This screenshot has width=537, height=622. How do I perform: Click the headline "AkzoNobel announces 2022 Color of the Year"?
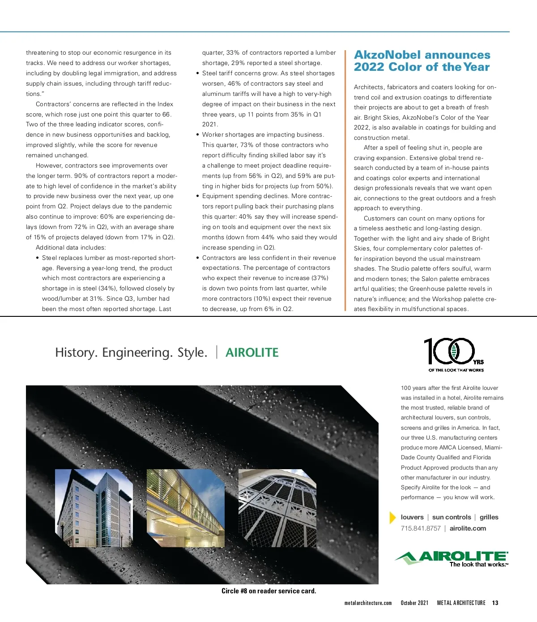coord(422,61)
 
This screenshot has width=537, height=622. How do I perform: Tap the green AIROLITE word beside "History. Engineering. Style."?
coord(252,353)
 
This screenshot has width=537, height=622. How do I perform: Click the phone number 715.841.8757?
coord(421,528)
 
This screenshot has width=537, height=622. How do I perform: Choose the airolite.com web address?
coord(468,528)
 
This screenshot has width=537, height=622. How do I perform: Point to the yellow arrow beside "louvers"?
coord(392,518)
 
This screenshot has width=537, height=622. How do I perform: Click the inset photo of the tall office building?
coord(94,508)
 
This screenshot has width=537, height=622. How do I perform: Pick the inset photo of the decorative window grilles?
coord(277,508)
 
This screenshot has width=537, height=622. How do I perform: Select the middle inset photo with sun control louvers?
coord(185,508)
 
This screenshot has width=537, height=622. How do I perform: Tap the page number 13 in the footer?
coord(495,603)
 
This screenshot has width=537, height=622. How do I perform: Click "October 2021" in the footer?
coord(414,603)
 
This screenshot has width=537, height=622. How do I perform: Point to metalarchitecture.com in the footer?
coord(368,603)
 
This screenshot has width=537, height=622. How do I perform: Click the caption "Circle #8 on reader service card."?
coord(268,591)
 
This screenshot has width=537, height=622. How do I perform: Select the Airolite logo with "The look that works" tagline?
coord(452,558)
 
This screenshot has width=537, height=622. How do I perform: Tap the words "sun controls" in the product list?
coord(451,517)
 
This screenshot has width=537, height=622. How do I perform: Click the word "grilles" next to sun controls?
coord(489,517)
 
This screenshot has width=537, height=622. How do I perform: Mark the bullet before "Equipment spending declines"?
coord(198,196)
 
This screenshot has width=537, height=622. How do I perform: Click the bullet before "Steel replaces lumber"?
coord(37,258)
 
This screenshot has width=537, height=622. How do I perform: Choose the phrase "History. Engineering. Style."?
coord(131,353)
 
